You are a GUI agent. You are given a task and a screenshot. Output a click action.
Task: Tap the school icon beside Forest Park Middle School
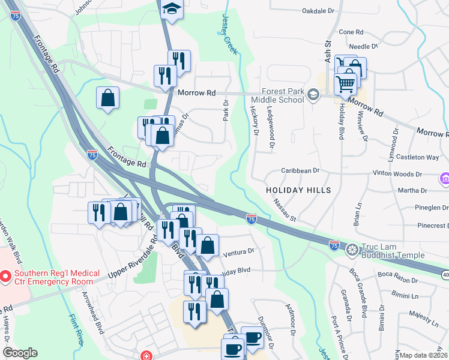click(313, 95)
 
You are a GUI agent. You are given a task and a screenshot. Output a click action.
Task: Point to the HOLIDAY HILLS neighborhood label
click(299, 190)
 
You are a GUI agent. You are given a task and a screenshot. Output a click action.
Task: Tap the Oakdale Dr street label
click(318, 11)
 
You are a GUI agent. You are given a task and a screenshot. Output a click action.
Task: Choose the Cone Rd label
click(351, 32)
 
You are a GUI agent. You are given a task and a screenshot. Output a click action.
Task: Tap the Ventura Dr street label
click(238, 251)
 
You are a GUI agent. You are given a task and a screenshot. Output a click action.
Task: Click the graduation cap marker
click(172, 9)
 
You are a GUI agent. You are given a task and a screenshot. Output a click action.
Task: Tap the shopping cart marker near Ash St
click(345, 83)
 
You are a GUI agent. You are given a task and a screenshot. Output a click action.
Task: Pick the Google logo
click(19, 353)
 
